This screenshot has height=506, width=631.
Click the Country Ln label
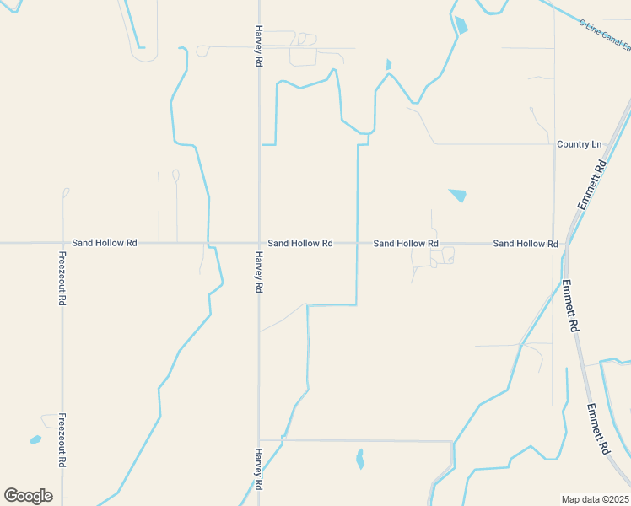(x=580, y=144)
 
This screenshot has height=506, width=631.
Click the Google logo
(x=28, y=496)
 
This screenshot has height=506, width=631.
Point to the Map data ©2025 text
(x=596, y=499)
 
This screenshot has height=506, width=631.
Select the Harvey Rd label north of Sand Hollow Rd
(x=259, y=46)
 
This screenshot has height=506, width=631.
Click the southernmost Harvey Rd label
(x=259, y=470)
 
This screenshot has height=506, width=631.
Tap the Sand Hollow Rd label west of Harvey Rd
(x=105, y=243)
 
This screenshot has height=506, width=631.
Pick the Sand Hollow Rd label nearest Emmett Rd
(x=526, y=244)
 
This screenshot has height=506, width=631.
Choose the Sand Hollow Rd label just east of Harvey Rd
(x=300, y=243)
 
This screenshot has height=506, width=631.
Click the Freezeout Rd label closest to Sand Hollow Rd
(x=62, y=278)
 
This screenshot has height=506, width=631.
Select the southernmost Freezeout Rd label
(x=62, y=440)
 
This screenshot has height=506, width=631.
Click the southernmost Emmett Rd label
(x=598, y=430)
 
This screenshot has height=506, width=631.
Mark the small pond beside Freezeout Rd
(x=35, y=439)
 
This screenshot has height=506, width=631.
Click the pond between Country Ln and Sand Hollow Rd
(x=457, y=196)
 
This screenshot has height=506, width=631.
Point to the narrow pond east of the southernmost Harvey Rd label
(x=360, y=459)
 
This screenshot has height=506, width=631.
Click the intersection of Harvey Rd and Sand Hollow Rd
(x=259, y=243)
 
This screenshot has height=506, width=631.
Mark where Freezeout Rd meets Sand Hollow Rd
(x=62, y=243)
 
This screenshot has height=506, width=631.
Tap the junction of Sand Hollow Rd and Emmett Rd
(x=565, y=244)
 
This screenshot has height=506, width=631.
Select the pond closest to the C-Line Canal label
(x=461, y=25)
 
